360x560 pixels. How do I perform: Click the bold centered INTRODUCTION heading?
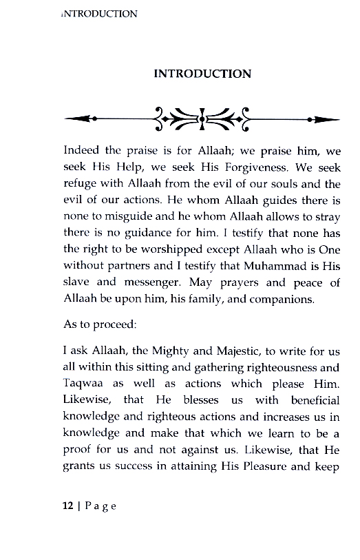202,73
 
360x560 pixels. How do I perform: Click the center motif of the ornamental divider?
202,119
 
